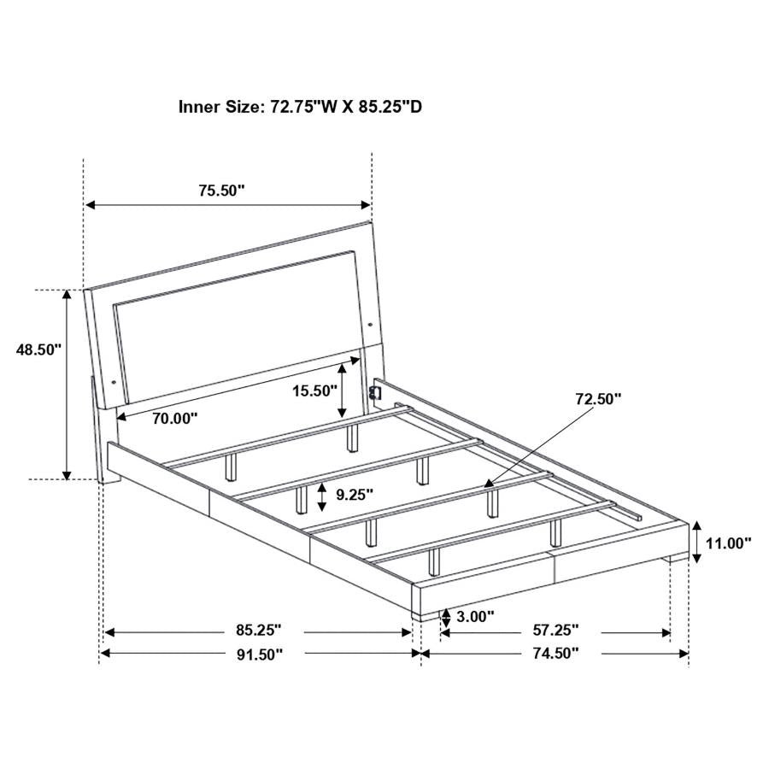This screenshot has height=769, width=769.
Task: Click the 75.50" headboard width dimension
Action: (x=222, y=191)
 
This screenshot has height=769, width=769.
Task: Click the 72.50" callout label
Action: (x=597, y=398)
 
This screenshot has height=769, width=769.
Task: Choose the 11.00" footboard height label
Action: (x=730, y=542)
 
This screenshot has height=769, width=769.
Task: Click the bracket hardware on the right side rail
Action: (x=373, y=390)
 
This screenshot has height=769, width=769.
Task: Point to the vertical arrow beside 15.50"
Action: (x=343, y=390)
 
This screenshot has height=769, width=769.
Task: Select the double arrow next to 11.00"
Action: (x=697, y=542)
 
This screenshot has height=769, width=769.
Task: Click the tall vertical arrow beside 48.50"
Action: (x=68, y=384)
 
